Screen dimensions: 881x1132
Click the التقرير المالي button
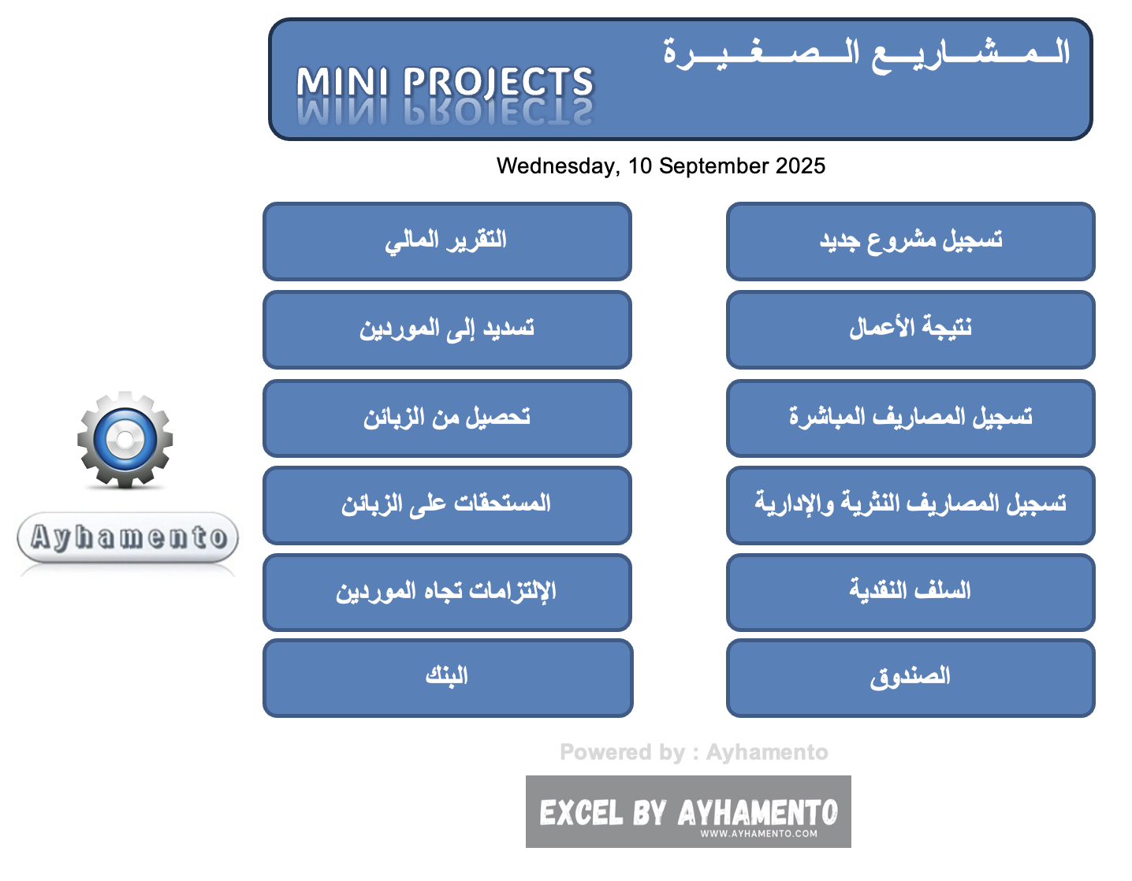447,241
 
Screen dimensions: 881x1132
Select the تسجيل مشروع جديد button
910,241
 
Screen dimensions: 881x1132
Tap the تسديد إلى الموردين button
447,329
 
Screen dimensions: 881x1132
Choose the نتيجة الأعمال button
910,329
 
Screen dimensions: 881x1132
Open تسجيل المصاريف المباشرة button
910,418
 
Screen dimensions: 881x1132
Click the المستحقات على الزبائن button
447,505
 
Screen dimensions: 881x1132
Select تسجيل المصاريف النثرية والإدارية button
910,505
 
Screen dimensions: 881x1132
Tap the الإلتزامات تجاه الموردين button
447,592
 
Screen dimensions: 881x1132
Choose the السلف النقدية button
910,592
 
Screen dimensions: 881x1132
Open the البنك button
447,678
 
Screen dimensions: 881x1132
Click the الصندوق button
910,678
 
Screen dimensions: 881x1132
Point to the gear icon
125,439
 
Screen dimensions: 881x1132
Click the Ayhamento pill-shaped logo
128,537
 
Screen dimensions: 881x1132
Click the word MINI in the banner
342,83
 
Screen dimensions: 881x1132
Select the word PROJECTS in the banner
498,83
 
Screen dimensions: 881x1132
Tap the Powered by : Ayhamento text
694,752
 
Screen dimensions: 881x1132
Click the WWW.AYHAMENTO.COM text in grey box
758,834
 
